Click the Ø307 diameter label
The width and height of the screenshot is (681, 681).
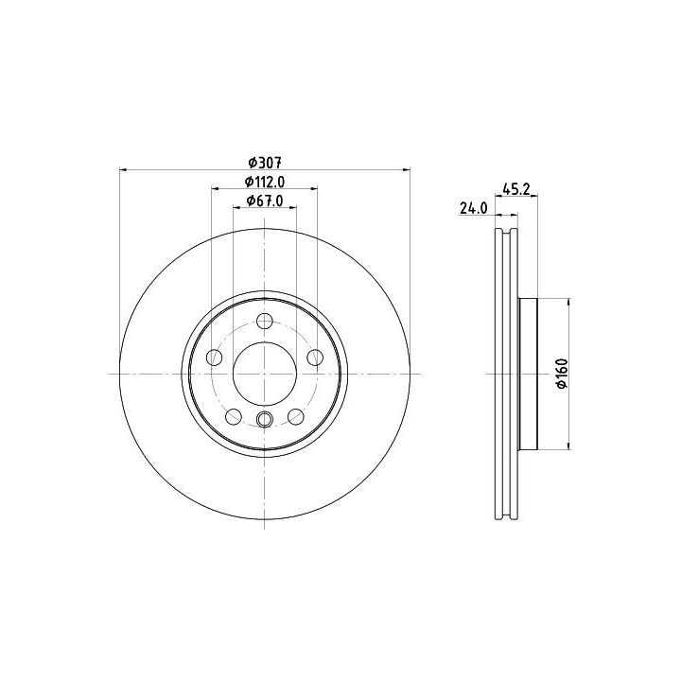coord(265,163)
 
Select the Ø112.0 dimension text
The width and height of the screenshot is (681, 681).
coord(265,182)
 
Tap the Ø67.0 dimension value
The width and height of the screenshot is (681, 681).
coord(265,201)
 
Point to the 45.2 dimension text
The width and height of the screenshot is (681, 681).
coord(516,189)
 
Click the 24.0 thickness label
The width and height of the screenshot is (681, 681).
coord(474,208)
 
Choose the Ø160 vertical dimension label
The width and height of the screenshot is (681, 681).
coord(563,374)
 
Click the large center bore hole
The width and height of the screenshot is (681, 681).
coord(265,374)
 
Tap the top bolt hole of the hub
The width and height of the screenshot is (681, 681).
coord(265,322)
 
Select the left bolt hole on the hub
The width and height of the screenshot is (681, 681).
coord(214,358)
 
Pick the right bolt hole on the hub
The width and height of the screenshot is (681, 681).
coord(315,358)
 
